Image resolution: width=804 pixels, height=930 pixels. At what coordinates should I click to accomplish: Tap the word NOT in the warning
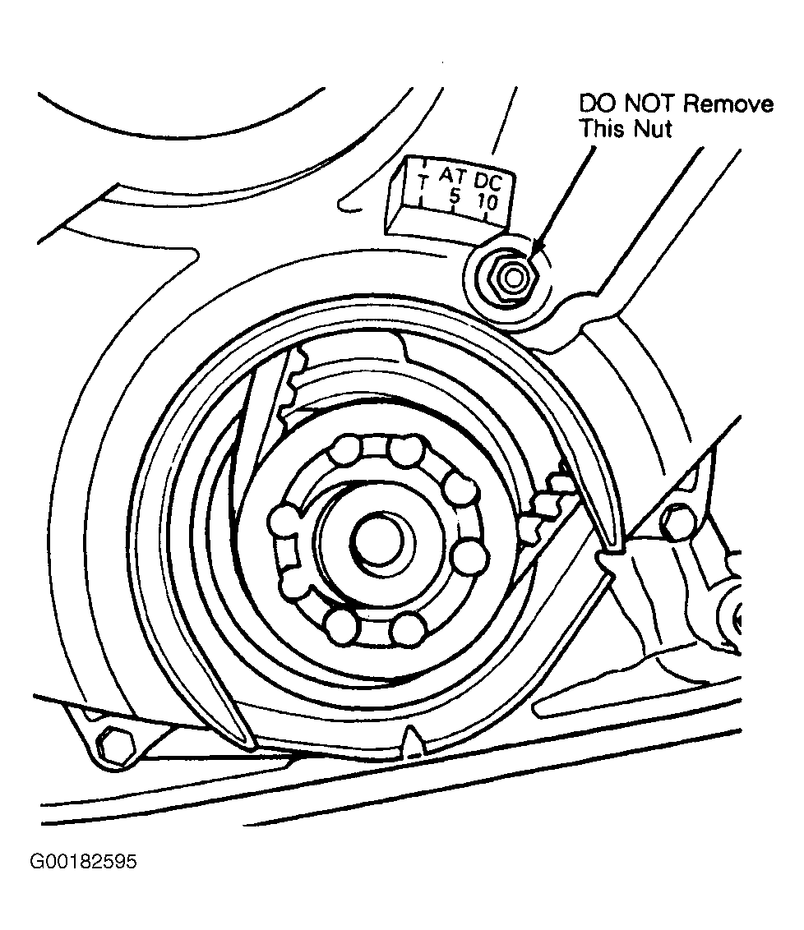[648, 104]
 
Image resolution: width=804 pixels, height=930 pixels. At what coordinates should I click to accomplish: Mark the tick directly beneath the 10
[487, 217]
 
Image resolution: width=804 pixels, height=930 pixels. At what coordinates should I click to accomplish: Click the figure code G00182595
[82, 863]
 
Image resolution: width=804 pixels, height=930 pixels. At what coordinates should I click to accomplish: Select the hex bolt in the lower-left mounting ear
[112, 745]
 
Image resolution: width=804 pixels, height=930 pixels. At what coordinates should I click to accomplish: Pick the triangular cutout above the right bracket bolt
[693, 482]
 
